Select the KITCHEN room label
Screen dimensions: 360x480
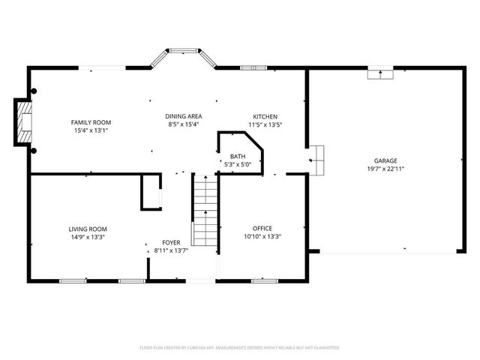click(x=265, y=116)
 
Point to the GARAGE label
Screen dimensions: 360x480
click(x=386, y=160)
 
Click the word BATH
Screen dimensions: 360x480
click(x=237, y=156)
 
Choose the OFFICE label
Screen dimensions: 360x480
click(x=262, y=228)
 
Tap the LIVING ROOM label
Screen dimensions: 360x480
click(x=88, y=229)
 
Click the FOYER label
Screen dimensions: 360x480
click(x=171, y=243)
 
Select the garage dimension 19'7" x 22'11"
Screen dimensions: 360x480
click(x=386, y=169)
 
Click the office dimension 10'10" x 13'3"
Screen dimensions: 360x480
click(x=262, y=236)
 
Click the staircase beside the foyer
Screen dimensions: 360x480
click(x=205, y=210)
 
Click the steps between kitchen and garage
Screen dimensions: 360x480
click(x=318, y=158)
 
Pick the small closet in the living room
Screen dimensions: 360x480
click(x=151, y=193)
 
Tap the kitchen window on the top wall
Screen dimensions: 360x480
click(x=253, y=68)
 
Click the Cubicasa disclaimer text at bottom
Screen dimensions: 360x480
click(x=240, y=348)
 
